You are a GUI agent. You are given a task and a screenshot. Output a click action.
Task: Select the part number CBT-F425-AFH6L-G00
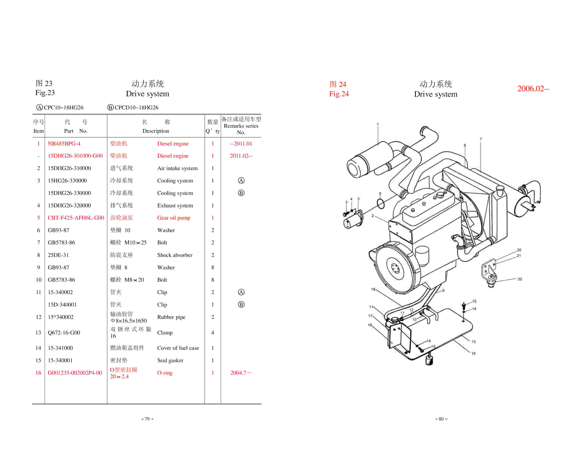(76, 218)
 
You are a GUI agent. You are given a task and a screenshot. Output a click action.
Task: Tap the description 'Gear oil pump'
(174, 218)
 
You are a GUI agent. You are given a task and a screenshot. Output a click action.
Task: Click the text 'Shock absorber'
(175, 255)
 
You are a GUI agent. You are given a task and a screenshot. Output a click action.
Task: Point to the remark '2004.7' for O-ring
(240, 373)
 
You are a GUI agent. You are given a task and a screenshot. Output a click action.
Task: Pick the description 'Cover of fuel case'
(178, 348)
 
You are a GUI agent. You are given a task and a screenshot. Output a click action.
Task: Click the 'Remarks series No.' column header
(241, 126)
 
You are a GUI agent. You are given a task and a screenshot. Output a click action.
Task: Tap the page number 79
(147, 419)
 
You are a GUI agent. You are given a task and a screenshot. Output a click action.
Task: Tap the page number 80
(441, 419)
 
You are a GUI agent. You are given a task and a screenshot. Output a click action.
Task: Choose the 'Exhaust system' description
(175, 205)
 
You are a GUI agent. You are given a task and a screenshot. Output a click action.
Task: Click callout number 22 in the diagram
(520, 279)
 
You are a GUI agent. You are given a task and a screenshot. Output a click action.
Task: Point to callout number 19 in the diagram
(473, 353)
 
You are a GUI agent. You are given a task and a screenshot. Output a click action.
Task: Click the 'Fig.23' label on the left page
(45, 93)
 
